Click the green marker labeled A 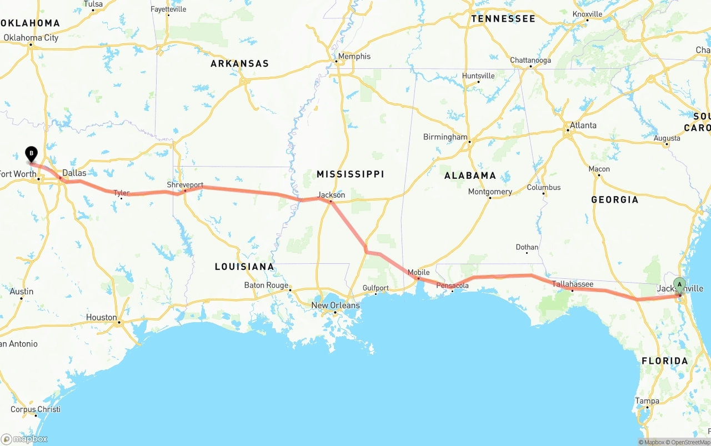tap(679, 284)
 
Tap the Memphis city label tap(354, 57)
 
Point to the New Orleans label tap(335, 305)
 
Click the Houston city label tap(101, 318)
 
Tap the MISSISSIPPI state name tap(350, 174)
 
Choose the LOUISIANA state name tap(244, 267)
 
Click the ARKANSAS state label tap(239, 64)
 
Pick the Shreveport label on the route tap(185, 185)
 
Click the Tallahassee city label tap(573, 284)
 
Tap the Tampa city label tap(647, 401)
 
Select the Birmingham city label tap(445, 137)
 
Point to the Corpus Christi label tap(36, 410)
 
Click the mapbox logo tap(24, 439)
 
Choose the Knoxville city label tap(587, 14)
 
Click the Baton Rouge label tap(266, 285)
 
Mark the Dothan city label tap(527, 248)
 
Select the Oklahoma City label tap(31, 38)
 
